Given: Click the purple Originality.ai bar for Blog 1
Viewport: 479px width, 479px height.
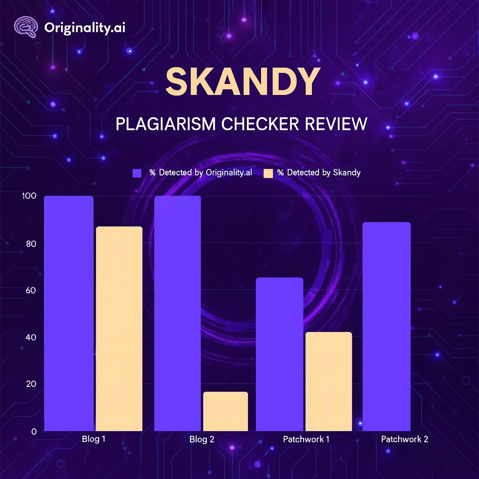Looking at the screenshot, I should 69,313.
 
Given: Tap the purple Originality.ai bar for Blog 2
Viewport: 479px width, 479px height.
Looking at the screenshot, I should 178,313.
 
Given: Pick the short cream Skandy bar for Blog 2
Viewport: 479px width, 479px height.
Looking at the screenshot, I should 226,411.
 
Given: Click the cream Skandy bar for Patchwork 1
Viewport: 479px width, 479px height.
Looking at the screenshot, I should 328,381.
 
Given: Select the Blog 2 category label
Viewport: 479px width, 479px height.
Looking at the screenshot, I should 202,440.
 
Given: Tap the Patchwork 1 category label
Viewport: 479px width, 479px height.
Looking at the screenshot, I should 306,440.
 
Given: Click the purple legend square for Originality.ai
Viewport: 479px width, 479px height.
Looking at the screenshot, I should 137,173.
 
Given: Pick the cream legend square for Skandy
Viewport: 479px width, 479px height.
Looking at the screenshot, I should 268,173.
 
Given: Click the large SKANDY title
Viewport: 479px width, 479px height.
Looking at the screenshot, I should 242,82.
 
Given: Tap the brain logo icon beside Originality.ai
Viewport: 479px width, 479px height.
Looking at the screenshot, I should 26,27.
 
